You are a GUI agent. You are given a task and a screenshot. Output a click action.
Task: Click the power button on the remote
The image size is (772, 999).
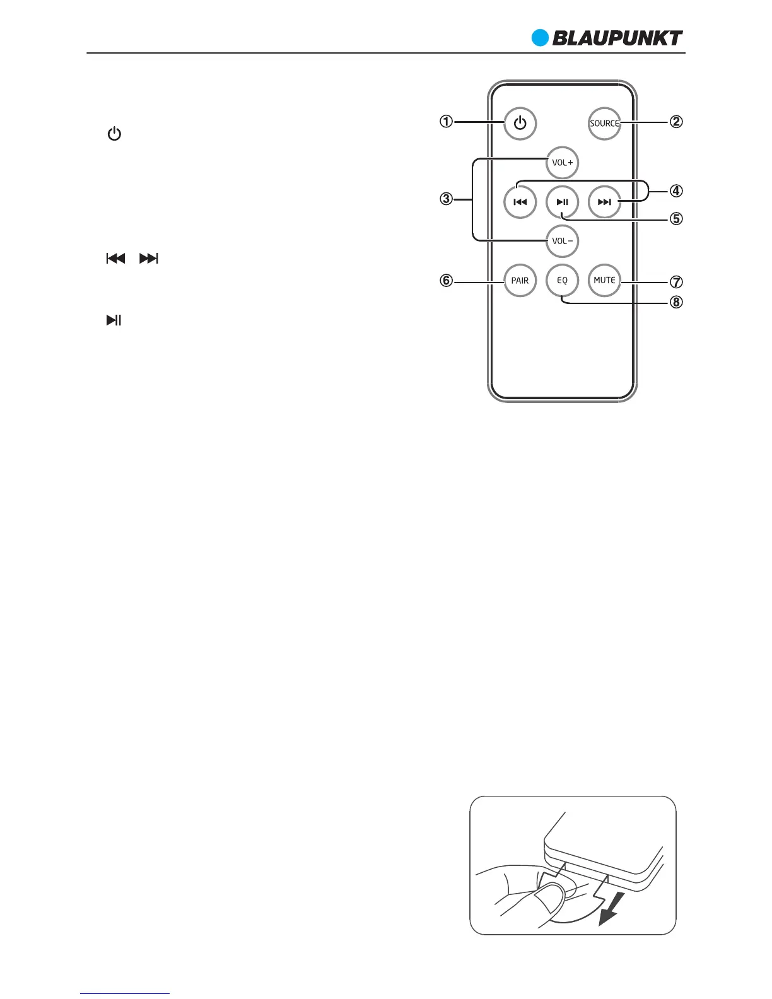(520, 124)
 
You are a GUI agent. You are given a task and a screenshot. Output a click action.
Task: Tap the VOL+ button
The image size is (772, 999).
(562, 163)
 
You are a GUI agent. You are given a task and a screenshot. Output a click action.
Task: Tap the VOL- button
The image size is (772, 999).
(562, 241)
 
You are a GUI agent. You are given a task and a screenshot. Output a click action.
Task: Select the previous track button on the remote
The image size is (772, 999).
(520, 202)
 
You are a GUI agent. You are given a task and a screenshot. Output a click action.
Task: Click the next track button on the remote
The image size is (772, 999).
(604, 202)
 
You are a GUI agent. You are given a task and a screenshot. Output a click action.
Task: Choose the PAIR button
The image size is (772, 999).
(520, 281)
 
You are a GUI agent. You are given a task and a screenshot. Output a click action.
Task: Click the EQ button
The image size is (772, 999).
(562, 281)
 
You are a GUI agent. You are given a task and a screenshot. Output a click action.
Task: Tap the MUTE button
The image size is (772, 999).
(604, 281)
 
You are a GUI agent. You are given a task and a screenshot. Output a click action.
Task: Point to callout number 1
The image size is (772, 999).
(446, 122)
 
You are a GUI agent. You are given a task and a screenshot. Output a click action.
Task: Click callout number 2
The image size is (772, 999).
(675, 122)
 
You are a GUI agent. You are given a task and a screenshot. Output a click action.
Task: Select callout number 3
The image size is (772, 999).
(446, 199)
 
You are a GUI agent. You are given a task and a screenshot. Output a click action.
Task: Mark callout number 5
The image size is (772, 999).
(675, 219)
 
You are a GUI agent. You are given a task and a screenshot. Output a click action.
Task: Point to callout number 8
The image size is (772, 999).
(675, 302)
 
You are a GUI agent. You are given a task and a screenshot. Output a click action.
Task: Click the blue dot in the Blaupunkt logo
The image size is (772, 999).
(541, 38)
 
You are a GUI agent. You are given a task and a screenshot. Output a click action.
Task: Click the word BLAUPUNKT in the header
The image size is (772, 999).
(617, 38)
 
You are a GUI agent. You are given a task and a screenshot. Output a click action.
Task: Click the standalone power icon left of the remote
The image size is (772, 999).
(114, 134)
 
